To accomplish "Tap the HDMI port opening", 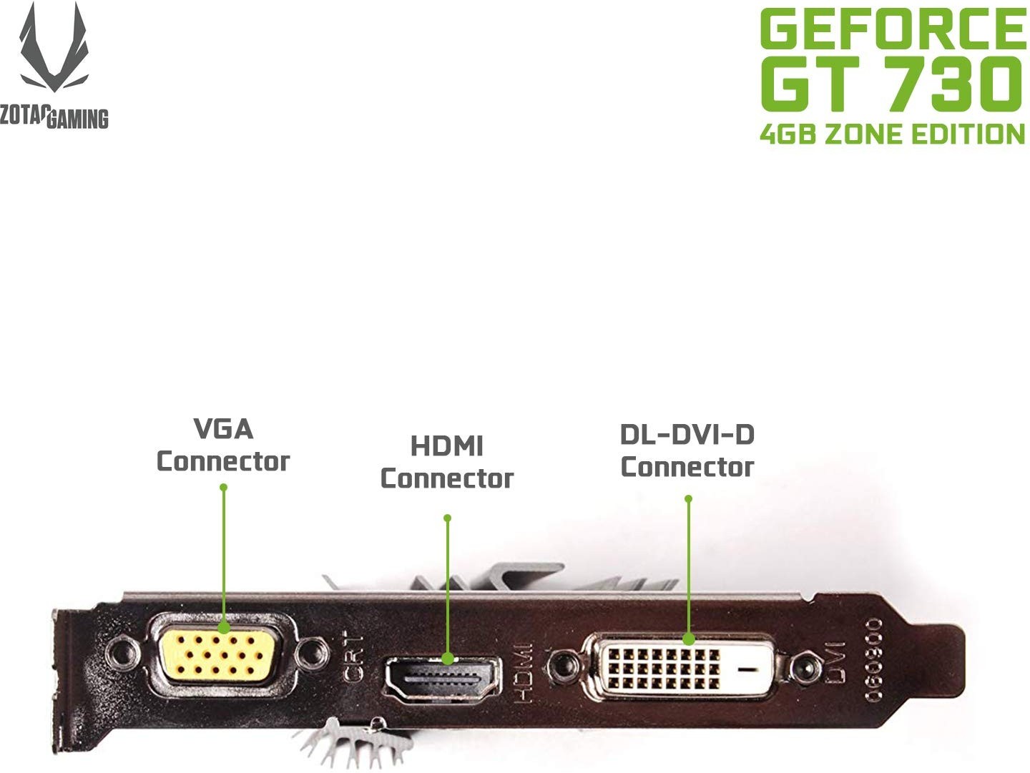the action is [x=443, y=679].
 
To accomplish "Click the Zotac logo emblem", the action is [x=54, y=47].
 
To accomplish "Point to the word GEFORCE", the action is [x=893, y=28].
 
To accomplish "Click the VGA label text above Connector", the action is [x=223, y=429].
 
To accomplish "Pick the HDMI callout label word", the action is [x=447, y=445].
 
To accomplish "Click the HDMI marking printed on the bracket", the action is [x=523, y=672].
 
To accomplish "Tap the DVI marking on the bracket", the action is [x=835, y=662].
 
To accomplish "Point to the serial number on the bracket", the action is [x=874, y=660].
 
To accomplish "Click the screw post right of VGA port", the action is [x=313, y=654].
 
